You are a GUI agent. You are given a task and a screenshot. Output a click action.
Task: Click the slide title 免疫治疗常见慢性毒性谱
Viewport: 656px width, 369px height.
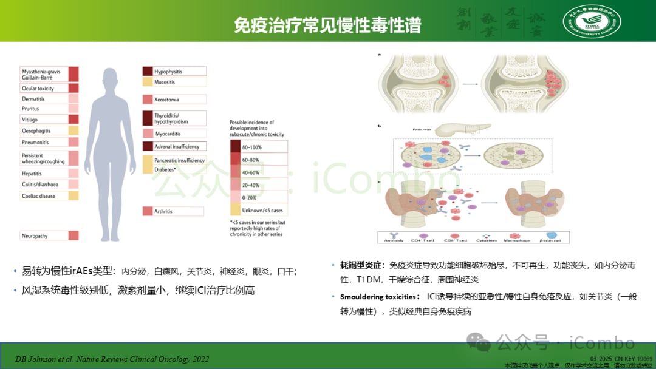click(328, 25)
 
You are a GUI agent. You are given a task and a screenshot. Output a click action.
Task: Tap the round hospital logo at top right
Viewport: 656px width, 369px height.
click(591, 22)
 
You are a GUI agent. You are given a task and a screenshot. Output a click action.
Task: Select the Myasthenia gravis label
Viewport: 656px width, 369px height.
click(41, 70)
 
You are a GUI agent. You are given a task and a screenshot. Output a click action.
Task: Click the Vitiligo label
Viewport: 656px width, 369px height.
click(30, 120)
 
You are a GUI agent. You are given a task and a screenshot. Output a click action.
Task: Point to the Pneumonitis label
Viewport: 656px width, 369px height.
click(36, 142)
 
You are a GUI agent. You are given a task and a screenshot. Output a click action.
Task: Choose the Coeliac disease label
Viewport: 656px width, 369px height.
click(39, 196)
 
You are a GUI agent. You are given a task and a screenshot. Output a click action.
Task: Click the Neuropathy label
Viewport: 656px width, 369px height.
click(35, 235)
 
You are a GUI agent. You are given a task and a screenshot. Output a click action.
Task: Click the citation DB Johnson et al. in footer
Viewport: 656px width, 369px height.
click(112, 359)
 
